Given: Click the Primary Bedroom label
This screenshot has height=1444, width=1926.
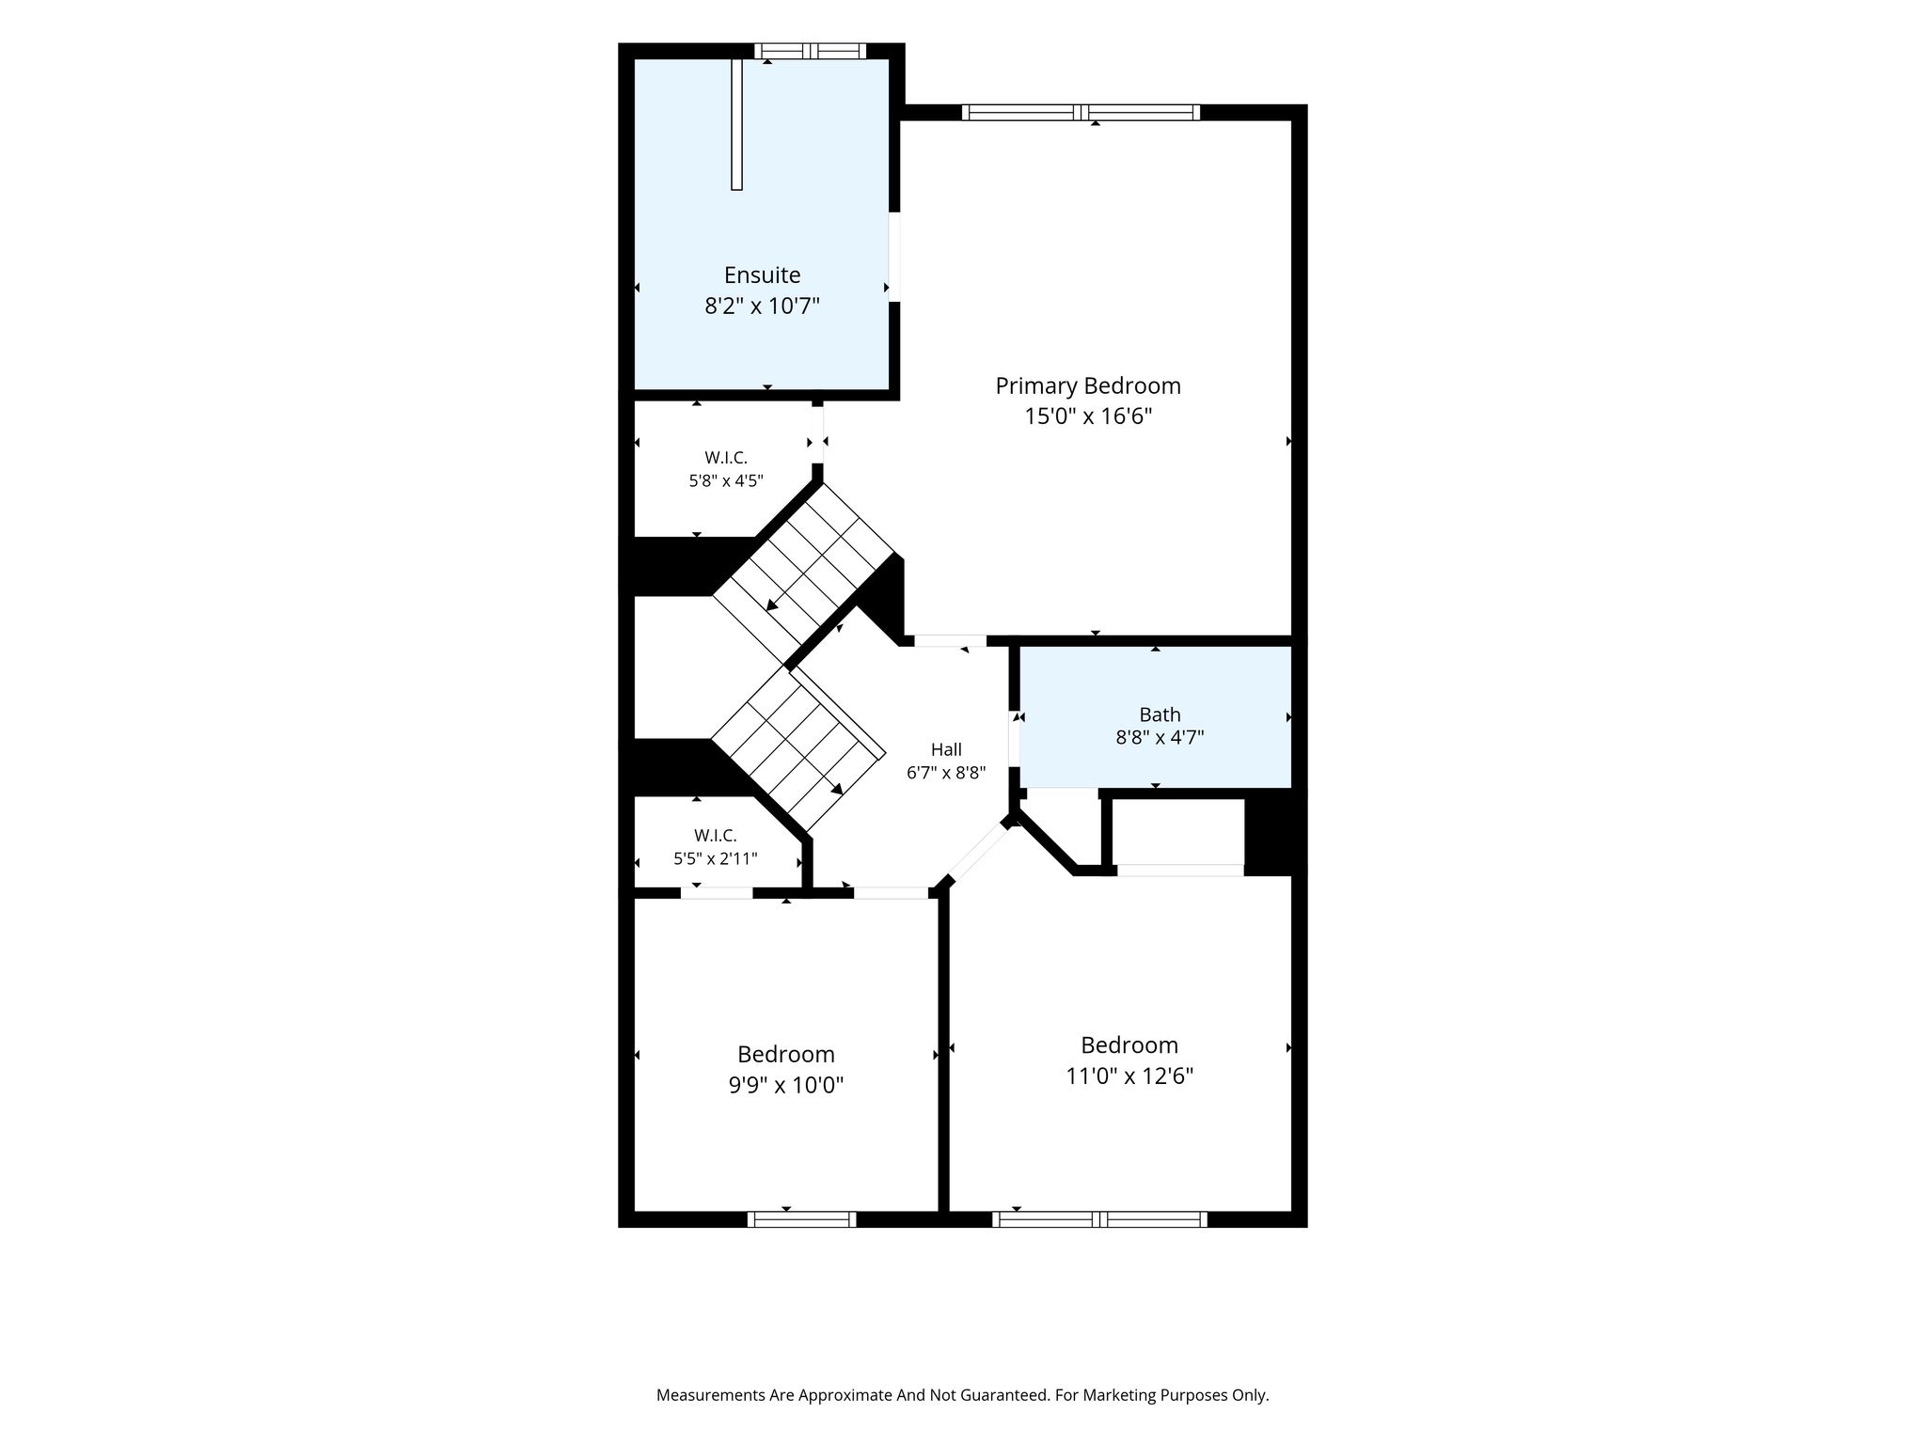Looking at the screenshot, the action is (1088, 385).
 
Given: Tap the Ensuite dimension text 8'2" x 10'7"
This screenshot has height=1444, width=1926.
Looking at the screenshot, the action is (763, 306).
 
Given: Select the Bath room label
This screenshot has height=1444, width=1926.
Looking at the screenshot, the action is (1160, 714).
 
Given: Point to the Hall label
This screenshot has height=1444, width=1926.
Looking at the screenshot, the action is (946, 749).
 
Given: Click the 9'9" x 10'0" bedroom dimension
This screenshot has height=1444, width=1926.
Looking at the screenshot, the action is (786, 1085).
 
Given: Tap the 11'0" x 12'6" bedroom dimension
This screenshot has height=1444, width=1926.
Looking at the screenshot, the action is (1129, 1075).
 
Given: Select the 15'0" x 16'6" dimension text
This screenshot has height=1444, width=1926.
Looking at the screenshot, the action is (1088, 416).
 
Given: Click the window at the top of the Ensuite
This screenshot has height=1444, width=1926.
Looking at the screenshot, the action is (810, 51).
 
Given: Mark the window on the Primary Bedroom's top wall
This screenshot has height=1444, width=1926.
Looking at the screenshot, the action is (1081, 113).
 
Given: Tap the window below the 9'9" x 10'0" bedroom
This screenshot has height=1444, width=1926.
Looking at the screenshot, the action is (802, 1219).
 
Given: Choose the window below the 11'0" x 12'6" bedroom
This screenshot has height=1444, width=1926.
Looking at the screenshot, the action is (1099, 1219).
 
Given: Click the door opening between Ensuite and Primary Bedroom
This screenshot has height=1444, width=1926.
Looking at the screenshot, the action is (894, 257).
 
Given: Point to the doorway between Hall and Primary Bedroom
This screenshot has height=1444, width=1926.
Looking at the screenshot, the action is (950, 640).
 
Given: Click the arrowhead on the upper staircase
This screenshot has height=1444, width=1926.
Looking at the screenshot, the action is (772, 604).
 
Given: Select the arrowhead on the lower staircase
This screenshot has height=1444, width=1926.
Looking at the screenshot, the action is (837, 789).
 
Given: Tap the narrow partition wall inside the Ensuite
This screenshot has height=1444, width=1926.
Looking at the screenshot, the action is (737, 124).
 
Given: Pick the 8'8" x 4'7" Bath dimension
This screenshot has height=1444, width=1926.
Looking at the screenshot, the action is (1160, 737).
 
